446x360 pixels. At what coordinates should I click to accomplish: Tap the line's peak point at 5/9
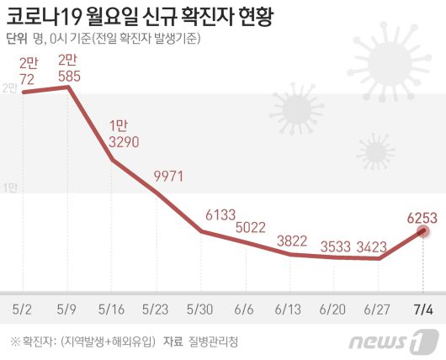coord(68,87)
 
